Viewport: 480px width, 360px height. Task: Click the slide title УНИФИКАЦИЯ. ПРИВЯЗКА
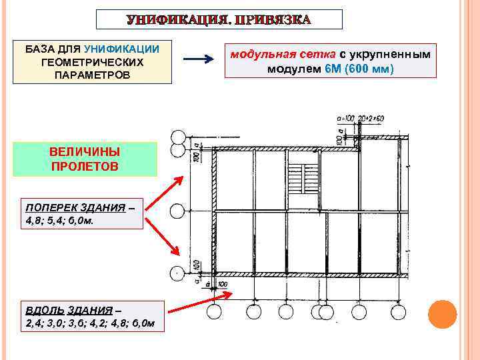coord(219,19)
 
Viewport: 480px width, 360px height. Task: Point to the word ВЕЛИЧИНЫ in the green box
coord(84,151)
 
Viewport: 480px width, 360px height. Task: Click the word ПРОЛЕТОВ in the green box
coord(84,166)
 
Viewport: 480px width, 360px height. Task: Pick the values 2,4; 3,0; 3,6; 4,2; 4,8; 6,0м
coord(90,323)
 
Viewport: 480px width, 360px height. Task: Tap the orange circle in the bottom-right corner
coord(442,314)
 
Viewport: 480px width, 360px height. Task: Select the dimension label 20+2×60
coord(371,118)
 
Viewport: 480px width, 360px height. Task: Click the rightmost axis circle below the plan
coord(398,313)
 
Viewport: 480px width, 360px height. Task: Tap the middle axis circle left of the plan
coord(177,211)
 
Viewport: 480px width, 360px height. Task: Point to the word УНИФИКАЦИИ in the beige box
coord(121,49)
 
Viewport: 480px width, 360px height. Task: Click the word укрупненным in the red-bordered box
coord(389,53)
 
